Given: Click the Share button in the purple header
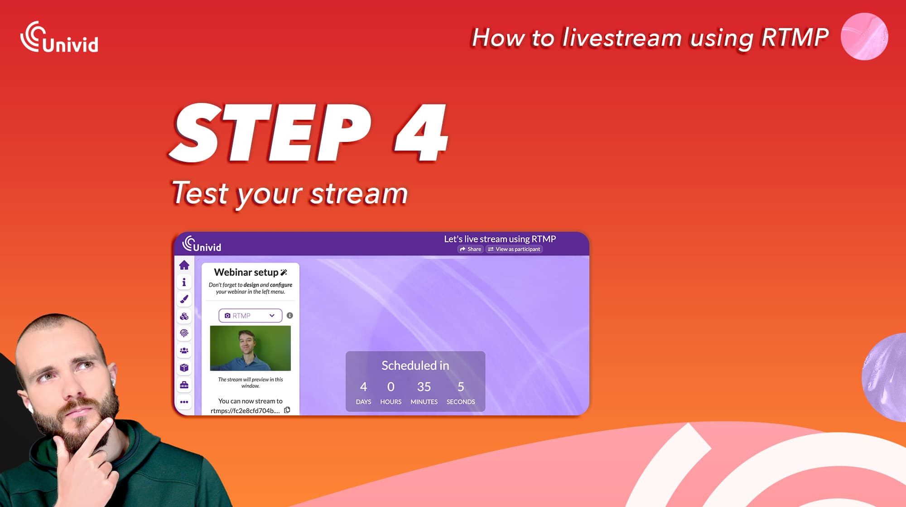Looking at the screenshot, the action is pyautogui.click(x=470, y=249).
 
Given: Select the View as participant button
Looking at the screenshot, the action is pyautogui.click(x=514, y=249).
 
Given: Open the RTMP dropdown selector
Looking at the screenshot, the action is pyautogui.click(x=250, y=316).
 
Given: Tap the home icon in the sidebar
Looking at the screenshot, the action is pyautogui.click(x=184, y=265).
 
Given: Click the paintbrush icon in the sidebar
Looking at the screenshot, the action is pyautogui.click(x=184, y=299).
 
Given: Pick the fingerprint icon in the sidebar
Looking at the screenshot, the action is pyautogui.click(x=184, y=333).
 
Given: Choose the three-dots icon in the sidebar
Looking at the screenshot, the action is pyautogui.click(x=184, y=402).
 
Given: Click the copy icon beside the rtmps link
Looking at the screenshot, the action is pyautogui.click(x=287, y=410).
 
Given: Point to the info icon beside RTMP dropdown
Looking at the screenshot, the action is pyautogui.click(x=290, y=316).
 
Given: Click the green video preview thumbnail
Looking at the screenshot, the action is pyautogui.click(x=251, y=348).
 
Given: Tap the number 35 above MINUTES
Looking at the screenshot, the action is pyautogui.click(x=424, y=387).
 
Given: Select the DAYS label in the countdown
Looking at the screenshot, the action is pyautogui.click(x=363, y=402).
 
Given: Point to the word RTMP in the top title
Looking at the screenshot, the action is pyautogui.click(x=795, y=37).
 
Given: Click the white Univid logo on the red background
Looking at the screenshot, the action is pyautogui.click(x=59, y=37).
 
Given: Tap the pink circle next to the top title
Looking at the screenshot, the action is pyautogui.click(x=864, y=36).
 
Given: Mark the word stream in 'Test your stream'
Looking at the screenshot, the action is pyautogui.click(x=359, y=194).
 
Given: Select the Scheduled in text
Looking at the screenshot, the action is pyautogui.click(x=415, y=366).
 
